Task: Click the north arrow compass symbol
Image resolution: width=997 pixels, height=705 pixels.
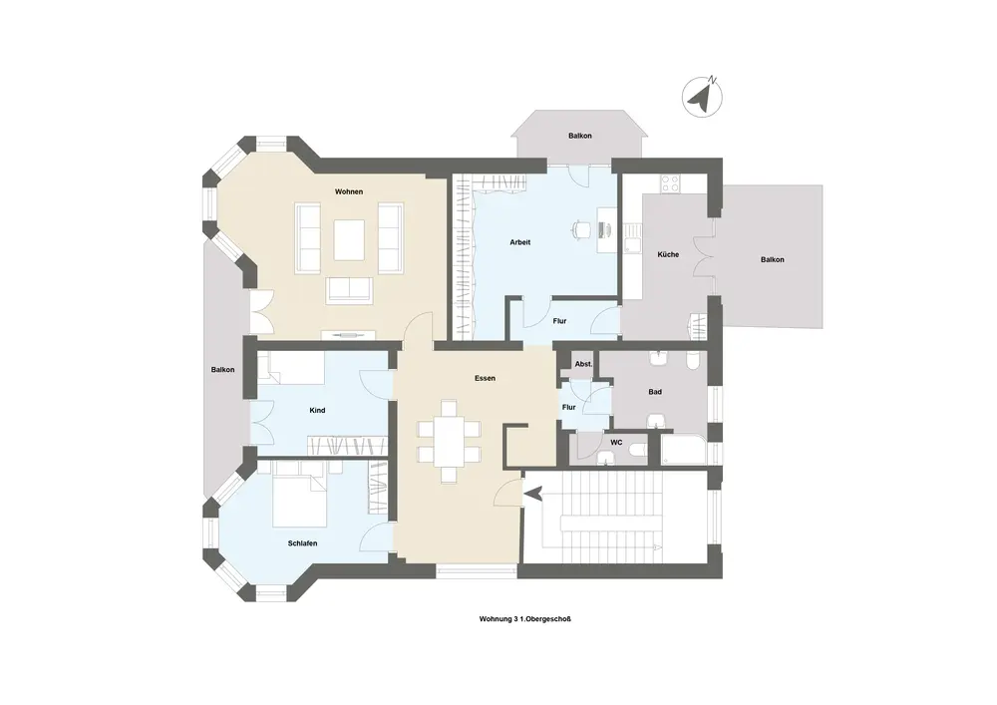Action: click(x=702, y=98)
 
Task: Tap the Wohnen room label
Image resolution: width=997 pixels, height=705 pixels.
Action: click(x=349, y=191)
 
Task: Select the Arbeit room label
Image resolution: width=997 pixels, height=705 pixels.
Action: click(x=520, y=242)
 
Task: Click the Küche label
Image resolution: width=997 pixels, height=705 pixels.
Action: click(x=668, y=254)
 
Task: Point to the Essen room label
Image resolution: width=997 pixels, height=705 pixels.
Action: click(x=486, y=378)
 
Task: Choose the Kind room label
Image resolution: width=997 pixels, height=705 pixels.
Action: click(x=317, y=411)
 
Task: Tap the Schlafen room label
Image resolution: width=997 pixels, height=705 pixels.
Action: click(x=303, y=543)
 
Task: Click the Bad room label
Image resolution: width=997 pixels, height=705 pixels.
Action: click(x=656, y=392)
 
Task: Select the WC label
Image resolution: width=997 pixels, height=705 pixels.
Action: click(x=616, y=443)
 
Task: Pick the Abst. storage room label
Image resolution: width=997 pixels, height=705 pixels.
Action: click(x=583, y=364)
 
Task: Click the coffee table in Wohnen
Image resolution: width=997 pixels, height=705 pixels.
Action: click(x=349, y=239)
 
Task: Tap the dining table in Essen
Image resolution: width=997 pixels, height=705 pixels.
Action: click(x=450, y=442)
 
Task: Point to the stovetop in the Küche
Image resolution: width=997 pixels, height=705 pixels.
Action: click(x=671, y=183)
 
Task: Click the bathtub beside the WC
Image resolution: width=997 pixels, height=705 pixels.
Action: click(x=684, y=450)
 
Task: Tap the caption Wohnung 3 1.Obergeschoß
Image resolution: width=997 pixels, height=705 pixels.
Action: click(x=525, y=618)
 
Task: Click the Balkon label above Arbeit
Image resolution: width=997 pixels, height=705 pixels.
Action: click(x=580, y=136)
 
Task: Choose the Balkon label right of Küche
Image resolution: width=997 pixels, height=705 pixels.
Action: click(x=773, y=259)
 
